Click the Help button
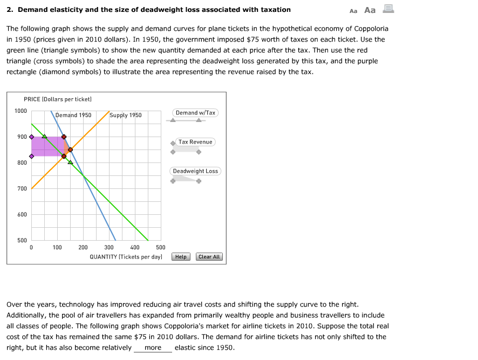tap(181, 257)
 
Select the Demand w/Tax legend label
tap(195, 113)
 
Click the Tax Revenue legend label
tap(195, 142)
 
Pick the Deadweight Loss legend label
tap(195, 171)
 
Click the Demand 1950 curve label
tap(73, 115)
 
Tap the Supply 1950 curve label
tap(126, 115)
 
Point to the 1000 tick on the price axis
tap(21, 111)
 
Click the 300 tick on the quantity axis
tap(109, 247)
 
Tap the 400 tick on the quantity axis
tap(135, 247)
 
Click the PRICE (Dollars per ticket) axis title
tap(58, 99)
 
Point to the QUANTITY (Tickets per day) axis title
tap(126, 257)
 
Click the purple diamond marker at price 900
tap(31, 137)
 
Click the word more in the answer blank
tap(153, 348)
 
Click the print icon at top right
tap(388, 9)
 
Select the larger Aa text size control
tap(370, 10)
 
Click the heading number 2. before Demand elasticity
tap(10, 10)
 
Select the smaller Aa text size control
tap(353, 10)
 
